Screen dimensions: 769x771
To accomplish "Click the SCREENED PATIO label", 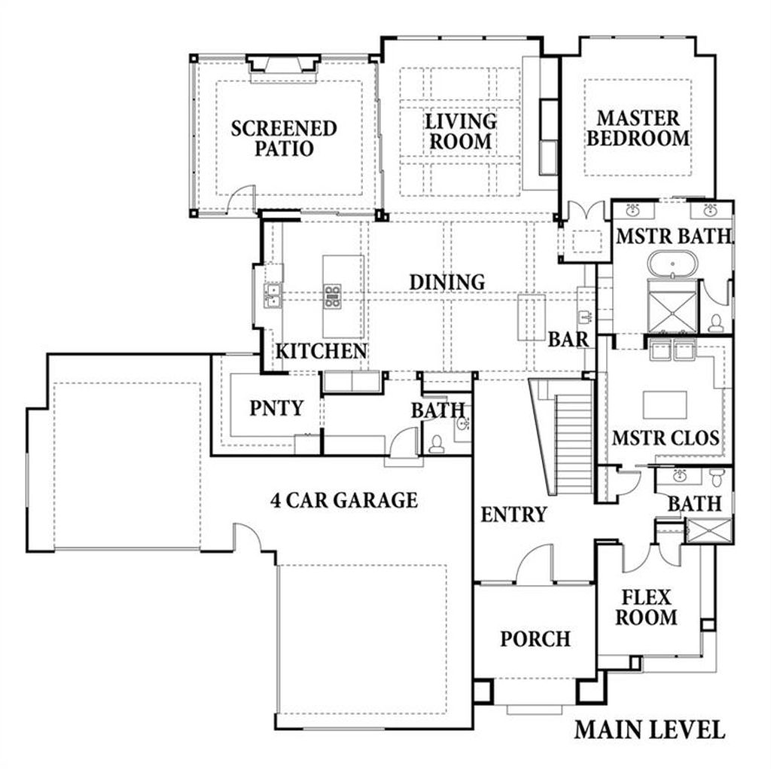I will [x=283, y=138].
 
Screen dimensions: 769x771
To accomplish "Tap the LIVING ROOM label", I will [x=461, y=131].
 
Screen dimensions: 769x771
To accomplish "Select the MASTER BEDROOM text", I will [x=638, y=128].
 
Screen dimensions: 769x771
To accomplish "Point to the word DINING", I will [x=446, y=282].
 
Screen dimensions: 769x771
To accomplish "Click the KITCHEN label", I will [x=321, y=351].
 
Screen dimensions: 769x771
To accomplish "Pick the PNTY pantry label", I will [x=276, y=408].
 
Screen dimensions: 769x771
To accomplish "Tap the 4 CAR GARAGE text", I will [x=343, y=500].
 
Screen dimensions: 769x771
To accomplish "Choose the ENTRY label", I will [x=513, y=515].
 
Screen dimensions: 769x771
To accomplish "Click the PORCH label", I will [x=535, y=639].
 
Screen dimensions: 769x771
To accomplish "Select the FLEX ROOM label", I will [x=647, y=608].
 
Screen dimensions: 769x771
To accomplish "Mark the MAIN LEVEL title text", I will [x=650, y=729].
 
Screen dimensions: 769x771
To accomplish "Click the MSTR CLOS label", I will [x=665, y=438].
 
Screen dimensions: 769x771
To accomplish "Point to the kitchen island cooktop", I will [x=332, y=296].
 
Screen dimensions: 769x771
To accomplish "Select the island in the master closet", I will [x=665, y=405].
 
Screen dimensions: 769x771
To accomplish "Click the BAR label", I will [x=568, y=340].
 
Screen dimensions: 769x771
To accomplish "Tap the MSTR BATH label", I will [x=673, y=236].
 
